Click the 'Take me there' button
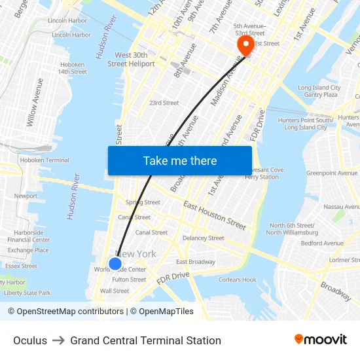pos(179,160)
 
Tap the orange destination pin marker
pos(245,46)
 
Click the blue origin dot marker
pos(115,263)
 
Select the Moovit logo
pos(320,340)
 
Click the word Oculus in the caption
pos(30,340)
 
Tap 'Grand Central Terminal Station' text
pos(145,340)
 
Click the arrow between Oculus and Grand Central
pos(58,340)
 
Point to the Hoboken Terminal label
pos(45,160)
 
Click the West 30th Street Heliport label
pos(131,60)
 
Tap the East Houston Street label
pos(215,215)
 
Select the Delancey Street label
pos(203,238)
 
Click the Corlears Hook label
pos(238,279)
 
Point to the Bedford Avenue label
pos(322,243)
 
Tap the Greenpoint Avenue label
pos(332,173)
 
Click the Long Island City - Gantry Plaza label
pos(319,91)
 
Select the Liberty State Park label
pos(27,293)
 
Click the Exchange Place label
pos(28,250)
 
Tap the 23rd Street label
pos(164,103)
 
